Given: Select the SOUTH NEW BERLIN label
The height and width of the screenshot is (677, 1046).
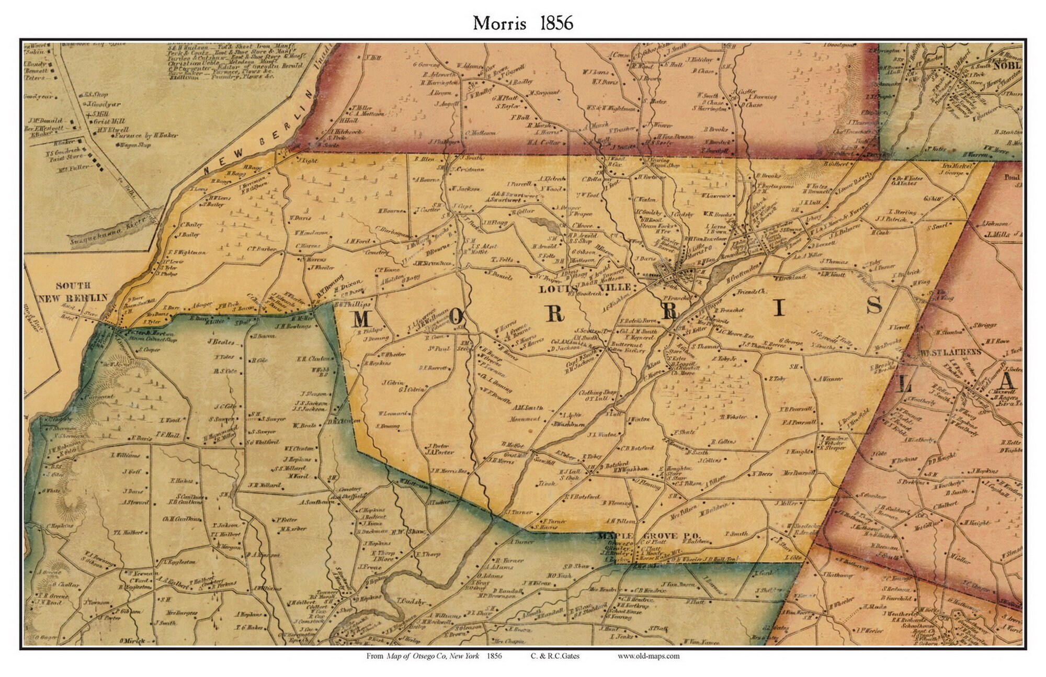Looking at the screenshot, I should [73, 291].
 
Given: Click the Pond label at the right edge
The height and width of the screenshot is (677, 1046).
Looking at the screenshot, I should [1011, 177].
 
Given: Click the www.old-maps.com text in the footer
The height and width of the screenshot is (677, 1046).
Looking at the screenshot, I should [648, 656].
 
